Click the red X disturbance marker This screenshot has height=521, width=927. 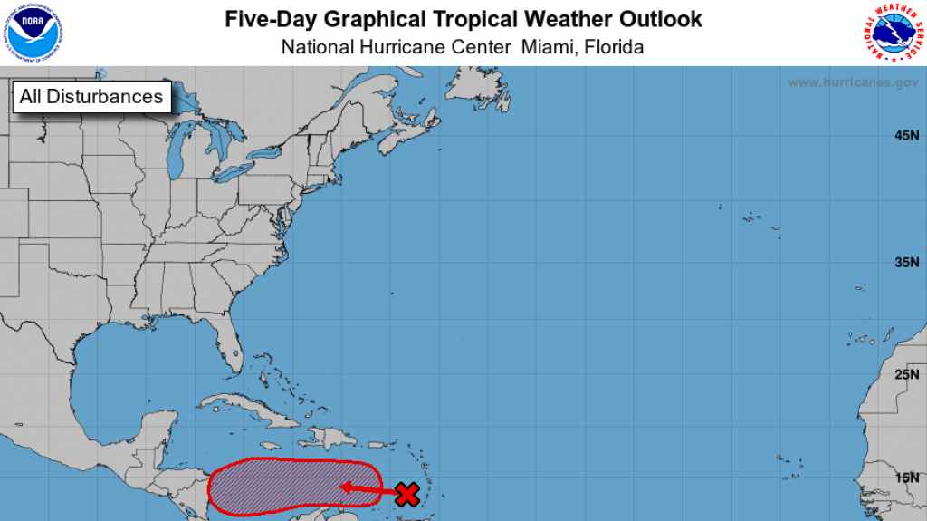click(x=407, y=494)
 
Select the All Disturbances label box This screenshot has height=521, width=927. click(x=91, y=96)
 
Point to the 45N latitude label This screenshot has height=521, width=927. click(x=906, y=136)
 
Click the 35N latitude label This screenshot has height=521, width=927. click(x=906, y=263)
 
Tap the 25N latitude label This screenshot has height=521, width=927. click(x=906, y=374)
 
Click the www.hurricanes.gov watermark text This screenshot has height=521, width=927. click(x=853, y=82)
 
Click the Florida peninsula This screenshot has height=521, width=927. click(x=234, y=349)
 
